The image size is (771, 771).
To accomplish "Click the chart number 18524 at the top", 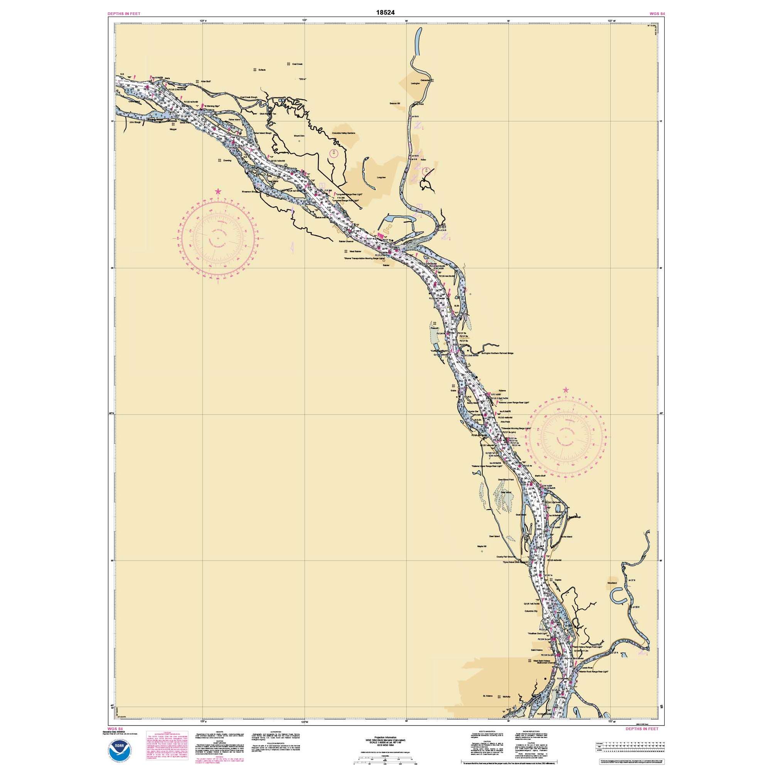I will pyautogui.click(x=385, y=12).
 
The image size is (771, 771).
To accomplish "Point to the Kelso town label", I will pyautogui.click(x=423, y=160).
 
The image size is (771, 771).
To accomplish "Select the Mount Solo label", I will pyautogui.click(x=299, y=136).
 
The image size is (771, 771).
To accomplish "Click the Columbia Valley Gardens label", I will pyautogui.click(x=343, y=133).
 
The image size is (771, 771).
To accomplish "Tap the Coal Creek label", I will pyautogui.click(x=297, y=64).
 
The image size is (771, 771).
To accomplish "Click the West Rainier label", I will pyautogui.click(x=355, y=251).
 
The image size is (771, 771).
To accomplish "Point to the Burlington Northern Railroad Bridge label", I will pyautogui.click(x=497, y=353).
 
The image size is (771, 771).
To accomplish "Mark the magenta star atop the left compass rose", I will pyautogui.click(x=218, y=192).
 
